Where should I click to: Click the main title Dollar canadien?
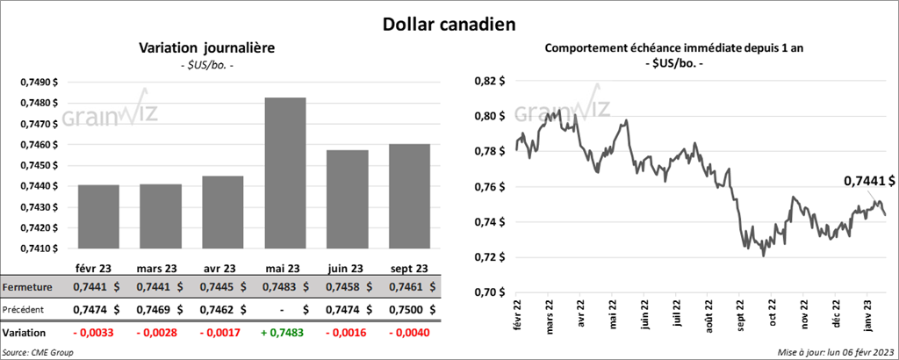point(449,25)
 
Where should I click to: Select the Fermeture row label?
point(27,287)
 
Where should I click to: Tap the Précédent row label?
point(26,309)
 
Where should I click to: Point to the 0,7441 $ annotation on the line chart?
point(869,181)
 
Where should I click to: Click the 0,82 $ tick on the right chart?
point(489,81)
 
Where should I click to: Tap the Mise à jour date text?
point(834,352)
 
